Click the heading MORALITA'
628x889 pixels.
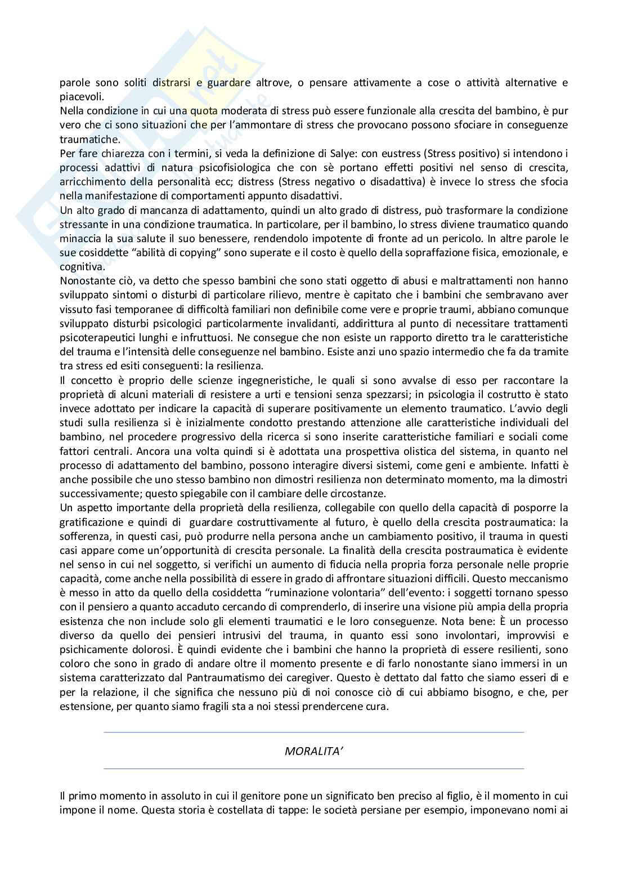[x=314, y=750]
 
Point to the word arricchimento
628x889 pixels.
[x=93, y=182]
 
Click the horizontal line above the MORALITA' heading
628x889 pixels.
[x=314, y=732]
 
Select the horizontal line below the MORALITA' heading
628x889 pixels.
[x=314, y=769]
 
